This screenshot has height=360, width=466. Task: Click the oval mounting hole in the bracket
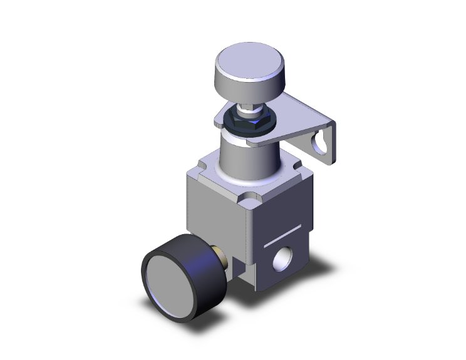(x=323, y=142)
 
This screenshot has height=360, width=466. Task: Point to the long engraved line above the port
(x=288, y=232)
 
